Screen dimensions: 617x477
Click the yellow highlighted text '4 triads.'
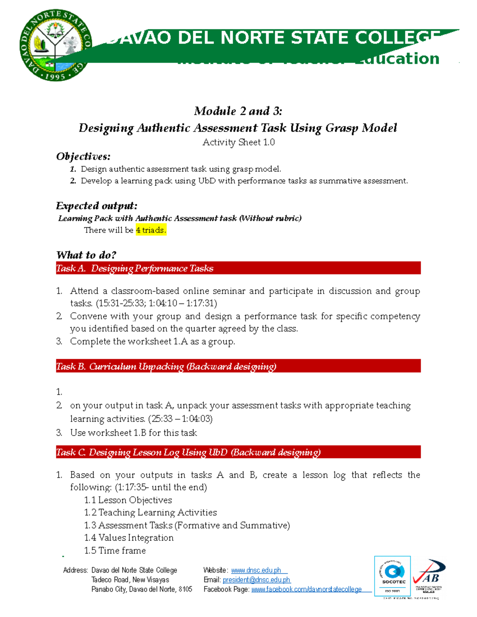pos(151,230)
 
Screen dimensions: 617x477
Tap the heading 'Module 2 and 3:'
pos(238,111)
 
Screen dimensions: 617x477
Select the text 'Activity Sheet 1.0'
pos(238,142)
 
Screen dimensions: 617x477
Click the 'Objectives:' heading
pos(83,157)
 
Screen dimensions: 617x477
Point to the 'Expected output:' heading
pos(97,206)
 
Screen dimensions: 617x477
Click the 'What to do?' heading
pos(86,255)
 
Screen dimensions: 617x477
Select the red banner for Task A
pos(238,269)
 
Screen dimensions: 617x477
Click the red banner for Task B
pos(238,366)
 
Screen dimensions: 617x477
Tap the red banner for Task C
pos(238,452)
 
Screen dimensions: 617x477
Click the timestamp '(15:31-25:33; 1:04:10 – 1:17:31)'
pos(156,304)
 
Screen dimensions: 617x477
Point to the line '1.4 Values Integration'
pos(129,538)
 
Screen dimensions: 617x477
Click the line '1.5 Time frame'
pos(115,551)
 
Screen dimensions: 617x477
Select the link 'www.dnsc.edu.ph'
pos(256,571)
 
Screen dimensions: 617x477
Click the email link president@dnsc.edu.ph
pos(256,580)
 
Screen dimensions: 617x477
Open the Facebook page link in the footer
pos(306,590)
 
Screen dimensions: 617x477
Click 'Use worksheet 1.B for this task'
pos(134,433)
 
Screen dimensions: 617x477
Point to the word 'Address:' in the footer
pos(75,571)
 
